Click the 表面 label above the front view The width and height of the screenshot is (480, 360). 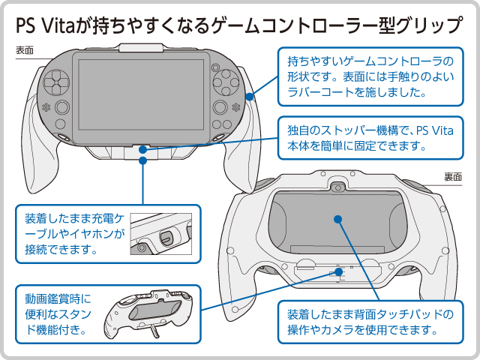pyautogui.click(x=25, y=50)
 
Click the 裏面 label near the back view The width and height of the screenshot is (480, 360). pyautogui.click(x=453, y=177)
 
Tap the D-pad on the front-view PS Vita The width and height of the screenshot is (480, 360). pyautogui.click(x=57, y=82)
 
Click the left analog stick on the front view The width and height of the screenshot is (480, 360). pyautogui.click(x=62, y=107)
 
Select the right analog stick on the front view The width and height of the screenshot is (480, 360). pyautogui.click(x=220, y=106)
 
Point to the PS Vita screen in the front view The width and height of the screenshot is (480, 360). pyautogui.click(x=141, y=95)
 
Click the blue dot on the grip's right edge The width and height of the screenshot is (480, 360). pyautogui.click(x=250, y=97)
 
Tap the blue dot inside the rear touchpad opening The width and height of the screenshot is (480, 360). pyautogui.click(x=337, y=219)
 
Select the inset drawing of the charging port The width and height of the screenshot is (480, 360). pyautogui.click(x=161, y=234)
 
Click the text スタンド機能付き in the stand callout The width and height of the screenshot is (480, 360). pyautogui.click(x=58, y=322)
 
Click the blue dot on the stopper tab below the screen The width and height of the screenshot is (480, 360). pyautogui.click(x=142, y=149)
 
